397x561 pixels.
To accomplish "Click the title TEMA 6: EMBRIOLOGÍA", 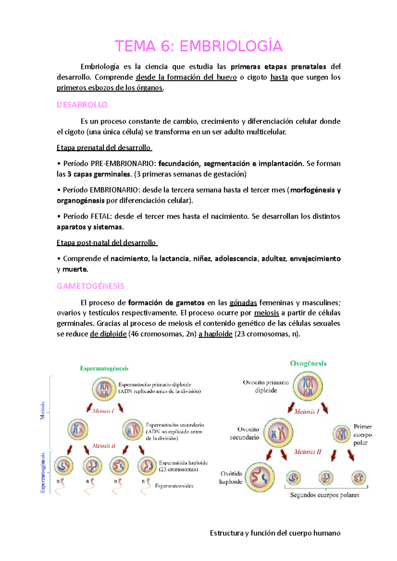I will [x=198, y=46].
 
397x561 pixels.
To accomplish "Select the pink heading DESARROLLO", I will [x=82, y=105].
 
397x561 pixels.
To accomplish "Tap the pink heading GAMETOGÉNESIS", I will [x=90, y=286].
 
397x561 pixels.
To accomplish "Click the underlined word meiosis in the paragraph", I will [x=267, y=313].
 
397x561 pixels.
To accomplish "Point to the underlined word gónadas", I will [x=243, y=303].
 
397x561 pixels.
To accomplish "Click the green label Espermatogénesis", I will [x=104, y=368].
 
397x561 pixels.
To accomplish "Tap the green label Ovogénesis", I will [x=308, y=363].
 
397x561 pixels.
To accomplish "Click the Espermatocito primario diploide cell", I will [x=104, y=389].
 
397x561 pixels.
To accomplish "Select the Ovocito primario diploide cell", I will [x=308, y=386].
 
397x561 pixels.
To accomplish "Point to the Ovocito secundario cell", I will [x=278, y=433].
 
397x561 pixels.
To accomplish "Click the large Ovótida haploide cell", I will [x=260, y=477].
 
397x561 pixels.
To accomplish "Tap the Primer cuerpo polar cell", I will [x=341, y=434].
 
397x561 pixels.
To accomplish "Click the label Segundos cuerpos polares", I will [x=324, y=495].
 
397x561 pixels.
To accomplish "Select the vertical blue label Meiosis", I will [x=42, y=411].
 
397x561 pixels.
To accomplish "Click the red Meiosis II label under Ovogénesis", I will [x=308, y=452].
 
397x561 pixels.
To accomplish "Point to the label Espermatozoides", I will [x=174, y=486].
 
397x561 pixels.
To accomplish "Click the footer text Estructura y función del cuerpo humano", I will [x=275, y=533].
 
